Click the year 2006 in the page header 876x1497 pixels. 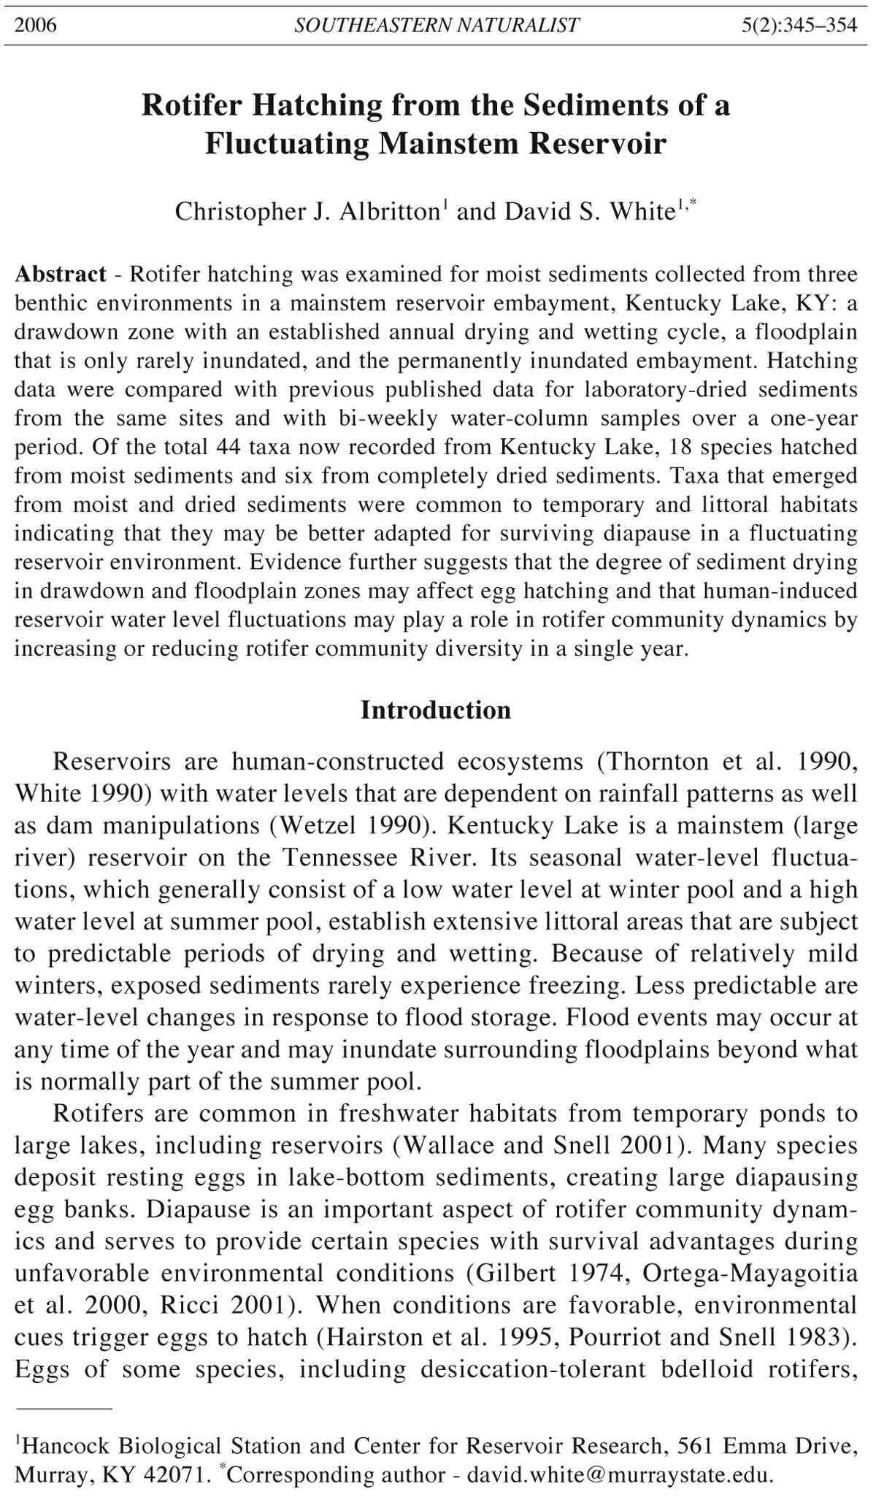[x=36, y=26]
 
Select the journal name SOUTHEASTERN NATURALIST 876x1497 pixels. [x=437, y=26]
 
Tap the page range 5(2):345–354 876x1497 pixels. [x=799, y=26]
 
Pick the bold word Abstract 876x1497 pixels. [x=61, y=275]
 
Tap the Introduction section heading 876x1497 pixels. [x=436, y=710]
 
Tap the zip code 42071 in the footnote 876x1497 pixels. [x=172, y=1474]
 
